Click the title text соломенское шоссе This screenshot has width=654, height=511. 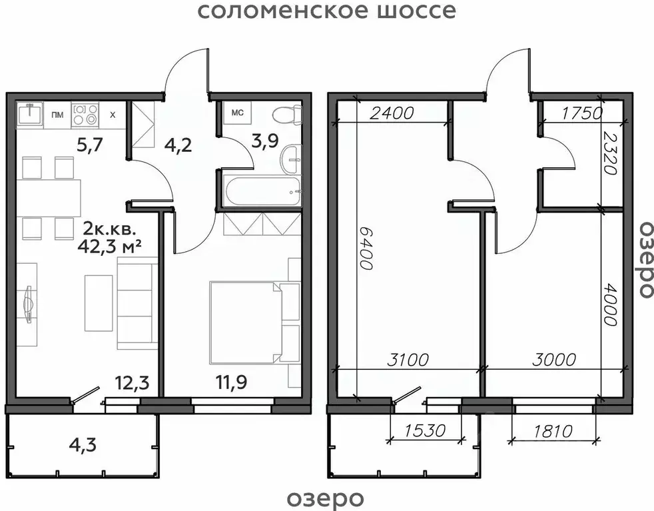click(x=327, y=11)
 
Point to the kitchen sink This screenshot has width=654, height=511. click(x=29, y=114)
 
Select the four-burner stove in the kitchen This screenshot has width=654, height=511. click(x=85, y=114)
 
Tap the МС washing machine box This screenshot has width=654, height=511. click(x=237, y=113)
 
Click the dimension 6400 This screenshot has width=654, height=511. click(x=365, y=246)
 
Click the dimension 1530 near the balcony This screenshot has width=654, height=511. click(x=424, y=431)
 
